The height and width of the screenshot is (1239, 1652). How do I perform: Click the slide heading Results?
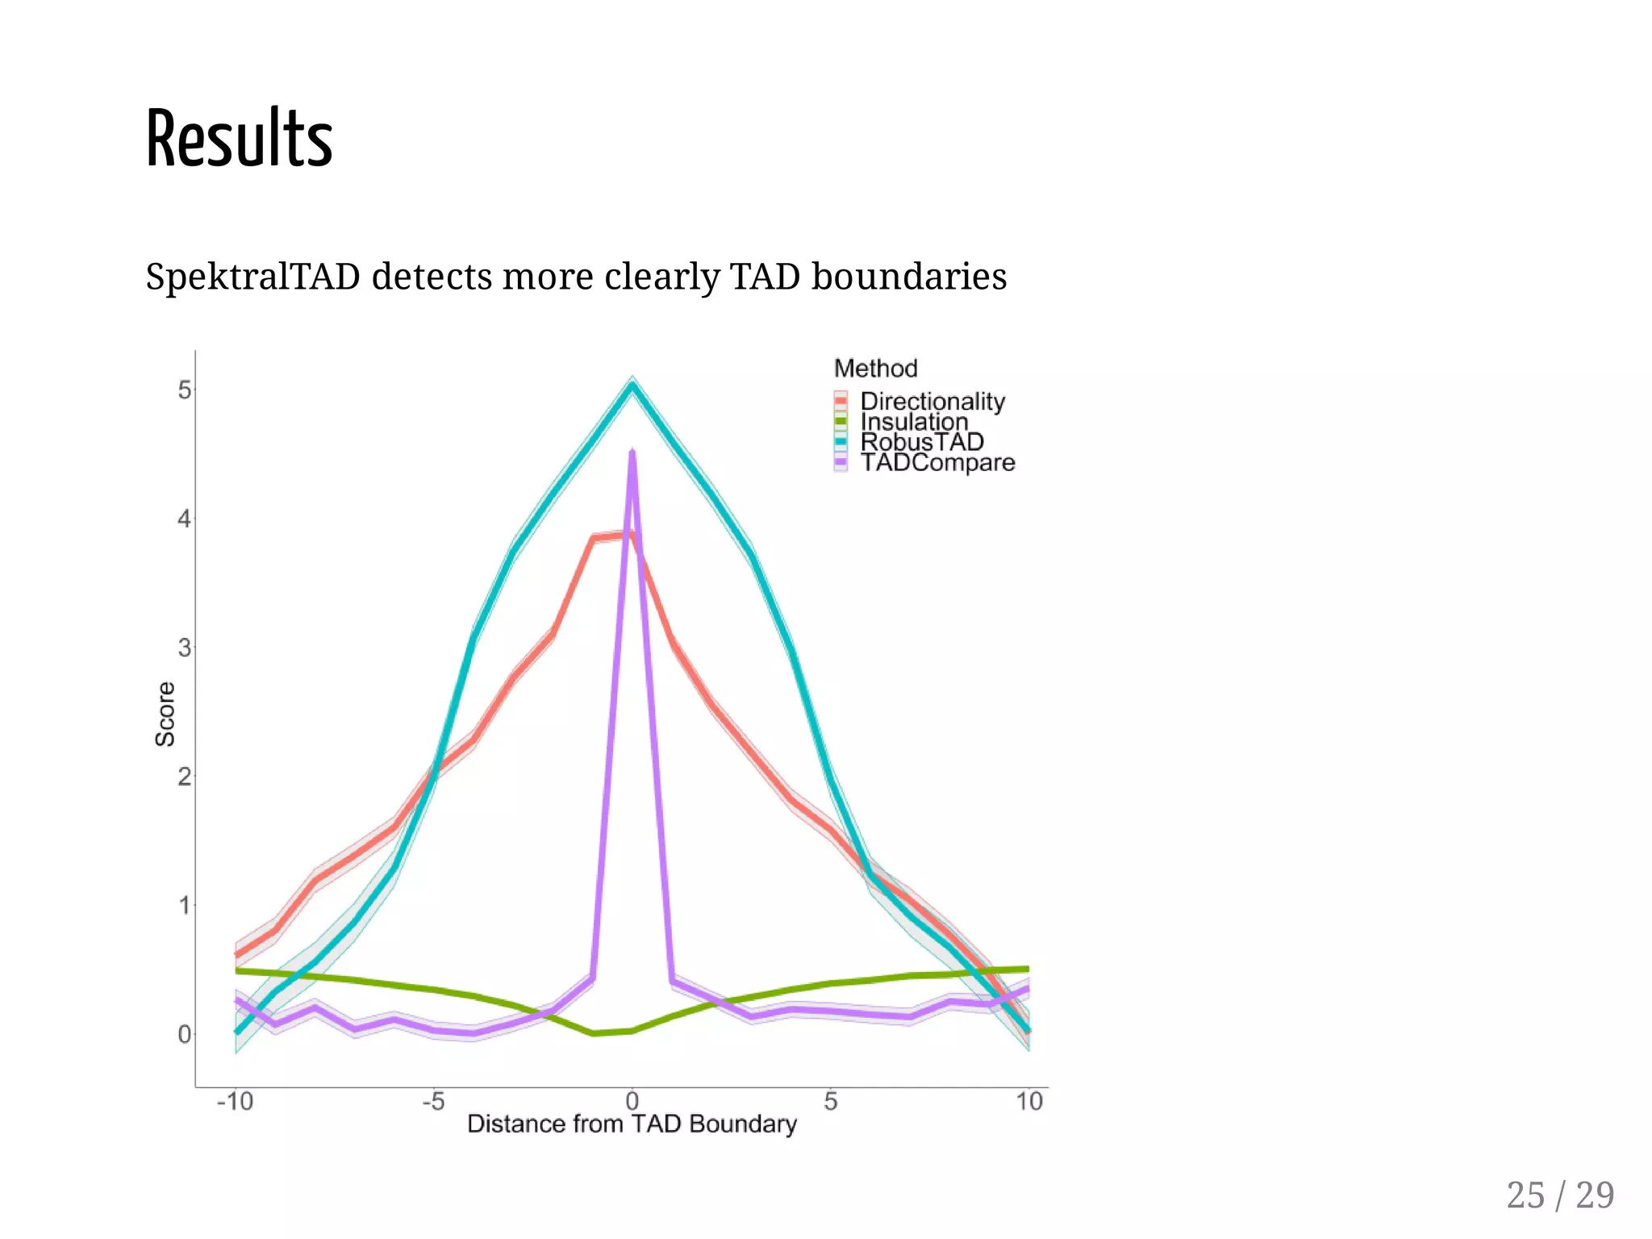tap(239, 139)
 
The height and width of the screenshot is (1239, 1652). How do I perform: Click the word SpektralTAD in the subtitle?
tap(252, 277)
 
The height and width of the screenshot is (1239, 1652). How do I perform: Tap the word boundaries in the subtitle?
tap(908, 277)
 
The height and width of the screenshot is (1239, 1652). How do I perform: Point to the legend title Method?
tap(875, 369)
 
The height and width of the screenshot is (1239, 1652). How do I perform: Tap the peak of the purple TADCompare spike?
tap(632, 453)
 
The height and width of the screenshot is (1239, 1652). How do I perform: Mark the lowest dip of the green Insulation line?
tap(594, 1032)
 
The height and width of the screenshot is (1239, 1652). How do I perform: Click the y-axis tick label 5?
tap(185, 390)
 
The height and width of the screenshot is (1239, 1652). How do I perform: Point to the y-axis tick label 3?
tap(185, 648)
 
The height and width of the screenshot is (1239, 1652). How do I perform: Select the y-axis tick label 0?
tap(185, 1034)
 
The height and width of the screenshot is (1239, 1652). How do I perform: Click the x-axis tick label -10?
tap(235, 1101)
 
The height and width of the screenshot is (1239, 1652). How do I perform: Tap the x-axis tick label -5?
tap(433, 1101)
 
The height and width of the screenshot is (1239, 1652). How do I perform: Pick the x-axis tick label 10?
tap(1028, 1101)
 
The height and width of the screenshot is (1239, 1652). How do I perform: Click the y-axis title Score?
tap(165, 714)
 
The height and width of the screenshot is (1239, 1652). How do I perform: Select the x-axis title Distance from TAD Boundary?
tap(632, 1124)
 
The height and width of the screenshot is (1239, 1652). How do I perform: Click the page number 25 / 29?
tap(1559, 1195)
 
